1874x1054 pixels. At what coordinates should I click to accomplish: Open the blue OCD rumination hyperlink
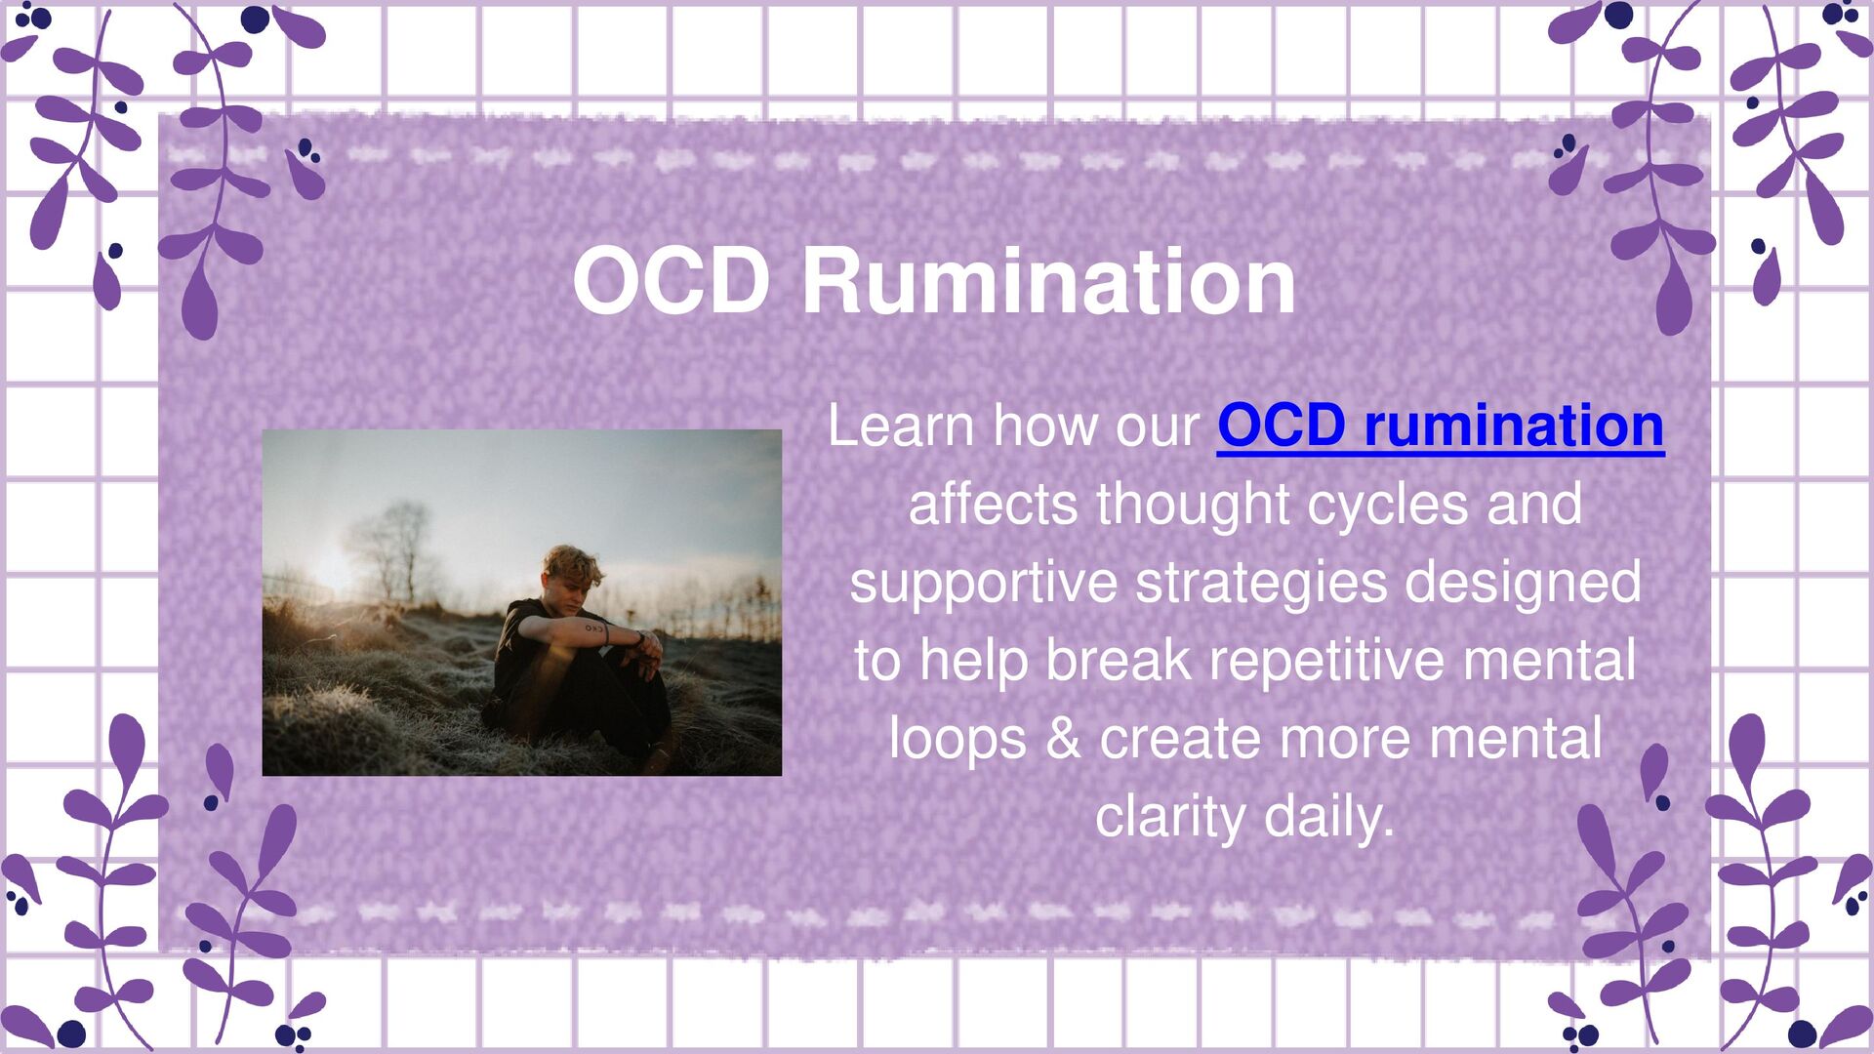pyautogui.click(x=1440, y=426)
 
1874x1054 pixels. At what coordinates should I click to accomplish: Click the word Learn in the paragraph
pyautogui.click(x=901, y=426)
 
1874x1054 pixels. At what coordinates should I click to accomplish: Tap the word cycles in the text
pyautogui.click(x=1387, y=505)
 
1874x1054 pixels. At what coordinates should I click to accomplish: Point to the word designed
pyautogui.click(x=1523, y=583)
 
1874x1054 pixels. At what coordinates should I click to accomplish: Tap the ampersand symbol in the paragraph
pyautogui.click(x=1063, y=739)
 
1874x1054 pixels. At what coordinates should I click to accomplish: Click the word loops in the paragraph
pyautogui.click(x=957, y=739)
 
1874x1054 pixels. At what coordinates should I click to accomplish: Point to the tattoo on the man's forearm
pyautogui.click(x=594, y=629)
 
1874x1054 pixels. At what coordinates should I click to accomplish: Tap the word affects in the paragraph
pyautogui.click(x=994, y=505)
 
